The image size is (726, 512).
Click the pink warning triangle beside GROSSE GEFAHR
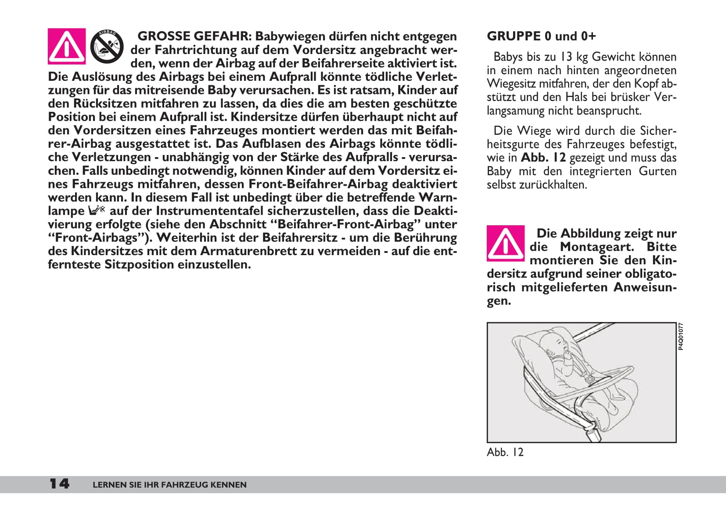[66, 46]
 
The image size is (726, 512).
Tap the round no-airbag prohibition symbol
[107, 46]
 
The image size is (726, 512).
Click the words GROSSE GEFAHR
[194, 36]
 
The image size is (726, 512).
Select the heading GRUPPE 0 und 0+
[541, 36]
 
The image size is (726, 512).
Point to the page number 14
[59, 484]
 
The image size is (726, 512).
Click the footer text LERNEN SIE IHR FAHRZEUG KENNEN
[169, 485]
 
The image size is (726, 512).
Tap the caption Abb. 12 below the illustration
[505, 452]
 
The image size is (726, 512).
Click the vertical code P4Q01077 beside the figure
[680, 337]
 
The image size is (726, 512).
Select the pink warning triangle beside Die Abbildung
[505, 243]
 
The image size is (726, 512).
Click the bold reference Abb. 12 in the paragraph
[543, 158]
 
